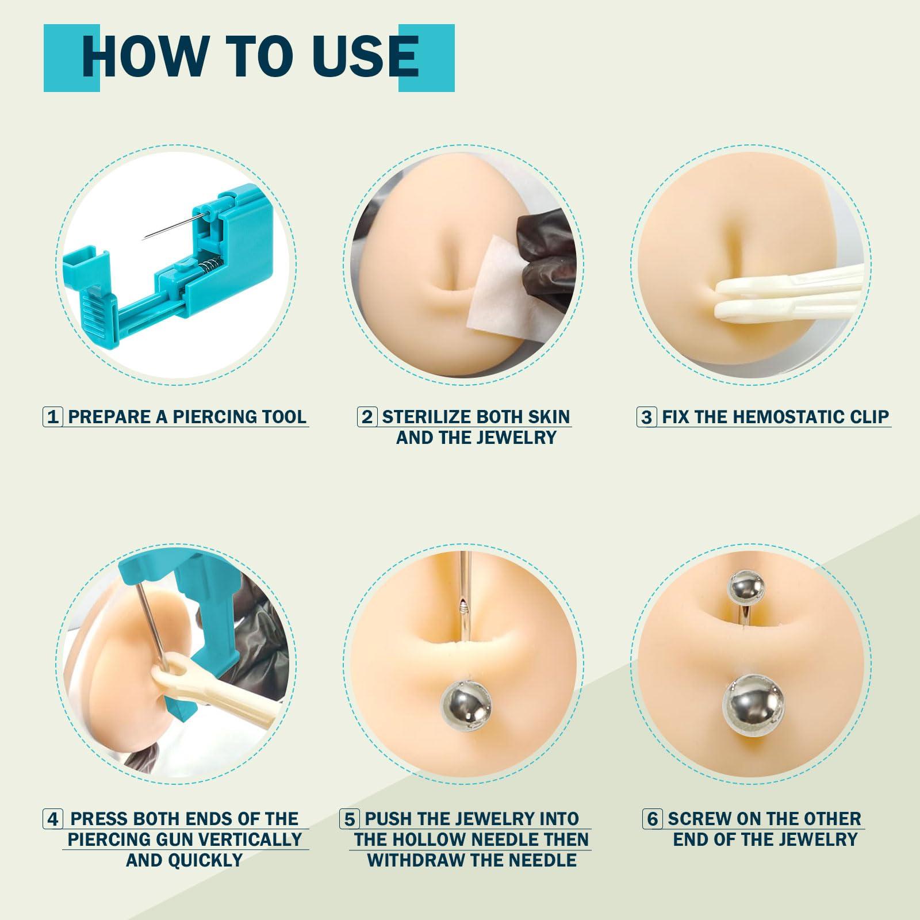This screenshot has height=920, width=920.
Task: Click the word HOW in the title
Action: click(144, 57)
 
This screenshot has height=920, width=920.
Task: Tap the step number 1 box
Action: click(53, 416)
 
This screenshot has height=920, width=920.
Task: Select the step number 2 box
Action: click(367, 416)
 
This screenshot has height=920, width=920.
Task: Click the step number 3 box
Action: click(646, 416)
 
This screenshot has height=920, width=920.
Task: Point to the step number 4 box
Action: click(53, 819)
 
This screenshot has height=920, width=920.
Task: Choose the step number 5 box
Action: click(348, 819)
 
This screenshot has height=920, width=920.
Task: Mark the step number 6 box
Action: click(652, 819)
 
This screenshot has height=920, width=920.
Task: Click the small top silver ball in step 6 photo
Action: click(746, 588)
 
